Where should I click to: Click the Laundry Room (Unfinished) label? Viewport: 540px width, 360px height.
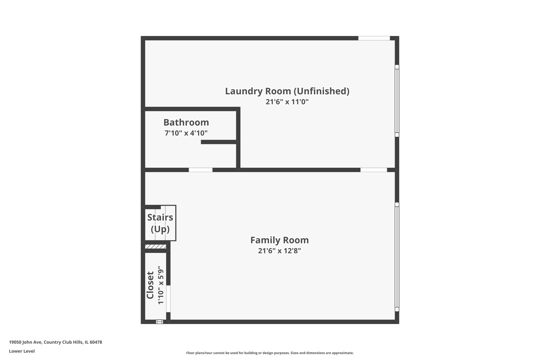tap(287, 91)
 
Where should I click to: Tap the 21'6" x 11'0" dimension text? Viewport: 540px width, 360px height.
tap(287, 102)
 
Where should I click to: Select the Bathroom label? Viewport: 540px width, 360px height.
tap(186, 122)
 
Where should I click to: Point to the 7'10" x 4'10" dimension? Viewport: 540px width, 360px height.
tap(186, 133)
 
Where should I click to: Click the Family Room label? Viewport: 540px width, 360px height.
tap(279, 240)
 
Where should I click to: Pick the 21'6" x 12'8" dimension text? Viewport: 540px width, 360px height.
tap(279, 251)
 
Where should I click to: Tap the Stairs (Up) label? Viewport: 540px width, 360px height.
tap(160, 223)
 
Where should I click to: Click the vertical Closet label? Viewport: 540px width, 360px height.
tap(150, 285)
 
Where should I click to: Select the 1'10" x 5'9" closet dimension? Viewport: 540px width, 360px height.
tap(161, 285)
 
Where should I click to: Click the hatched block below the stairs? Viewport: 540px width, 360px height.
tap(156, 247)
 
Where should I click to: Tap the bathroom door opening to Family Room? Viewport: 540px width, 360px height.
tap(200, 170)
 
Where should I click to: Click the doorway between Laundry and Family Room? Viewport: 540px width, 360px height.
tap(373, 170)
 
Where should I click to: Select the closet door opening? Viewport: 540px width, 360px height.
tap(168, 299)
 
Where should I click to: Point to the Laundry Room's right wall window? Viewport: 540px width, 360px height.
tap(397, 101)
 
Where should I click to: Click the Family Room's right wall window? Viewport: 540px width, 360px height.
tap(397, 257)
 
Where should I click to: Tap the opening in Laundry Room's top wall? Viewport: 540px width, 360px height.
tap(374, 38)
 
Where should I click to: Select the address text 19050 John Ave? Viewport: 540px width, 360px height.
tap(55, 342)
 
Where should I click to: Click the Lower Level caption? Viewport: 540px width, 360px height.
tap(22, 351)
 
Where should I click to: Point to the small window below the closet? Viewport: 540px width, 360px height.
tap(160, 322)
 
